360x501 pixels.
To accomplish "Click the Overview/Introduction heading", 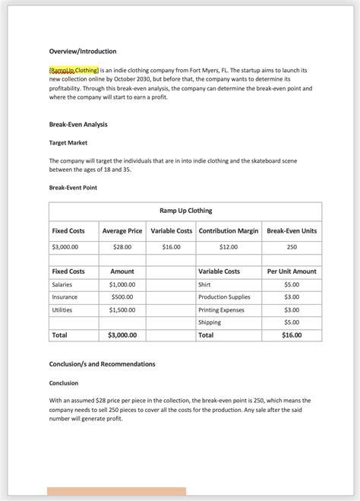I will point(83,51).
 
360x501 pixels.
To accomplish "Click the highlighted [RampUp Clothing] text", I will point(74,70).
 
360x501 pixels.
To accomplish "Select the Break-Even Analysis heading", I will point(77,124).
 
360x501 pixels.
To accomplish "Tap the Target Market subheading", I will point(68,142).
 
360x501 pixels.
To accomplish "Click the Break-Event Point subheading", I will point(73,187).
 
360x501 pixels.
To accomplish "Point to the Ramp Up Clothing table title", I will point(185,211).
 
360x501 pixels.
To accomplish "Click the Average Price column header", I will point(122,230).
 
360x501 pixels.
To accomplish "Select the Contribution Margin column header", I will point(228,230).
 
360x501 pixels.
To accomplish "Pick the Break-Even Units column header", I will point(292,230).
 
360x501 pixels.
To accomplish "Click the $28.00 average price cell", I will point(122,247).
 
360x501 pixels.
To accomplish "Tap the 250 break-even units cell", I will point(292,247).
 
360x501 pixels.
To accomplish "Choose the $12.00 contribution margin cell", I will point(228,247).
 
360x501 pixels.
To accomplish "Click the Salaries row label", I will point(62,284).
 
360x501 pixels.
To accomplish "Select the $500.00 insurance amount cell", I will point(122,297).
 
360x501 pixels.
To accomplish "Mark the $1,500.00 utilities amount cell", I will point(122,310).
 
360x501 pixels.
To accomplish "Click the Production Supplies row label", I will point(224,297).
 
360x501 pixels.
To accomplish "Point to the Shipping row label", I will point(210,322).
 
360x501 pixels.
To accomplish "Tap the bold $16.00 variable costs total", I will point(292,335).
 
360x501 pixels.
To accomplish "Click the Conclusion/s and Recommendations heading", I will point(102,364).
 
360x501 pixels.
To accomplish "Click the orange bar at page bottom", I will point(116,492).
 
